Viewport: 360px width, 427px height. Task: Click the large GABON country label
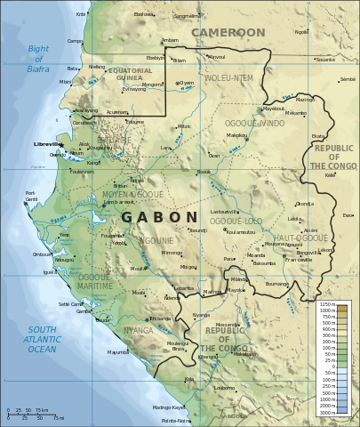coord(159,217)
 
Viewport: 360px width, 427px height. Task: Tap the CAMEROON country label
coord(228,33)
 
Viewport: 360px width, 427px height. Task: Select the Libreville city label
coord(47,143)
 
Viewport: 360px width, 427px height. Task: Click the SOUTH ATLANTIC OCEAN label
coord(41,339)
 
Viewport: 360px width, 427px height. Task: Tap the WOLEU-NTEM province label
coord(228,78)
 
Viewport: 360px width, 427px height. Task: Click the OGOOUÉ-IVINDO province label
coord(253,123)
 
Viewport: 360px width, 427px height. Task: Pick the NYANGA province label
coord(138,330)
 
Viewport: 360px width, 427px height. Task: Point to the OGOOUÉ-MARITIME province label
coord(95,282)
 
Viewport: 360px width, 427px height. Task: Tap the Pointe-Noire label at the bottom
coord(176,421)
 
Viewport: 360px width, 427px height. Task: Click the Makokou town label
coord(236,135)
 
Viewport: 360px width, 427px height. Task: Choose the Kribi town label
coord(81,14)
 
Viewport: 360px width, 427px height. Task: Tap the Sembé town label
coord(348,79)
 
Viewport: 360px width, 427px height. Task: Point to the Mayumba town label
coord(118,352)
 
